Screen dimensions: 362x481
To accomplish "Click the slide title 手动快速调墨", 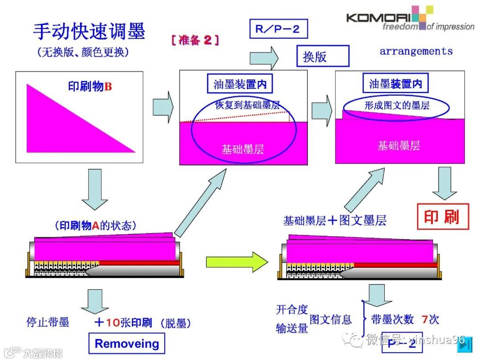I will click(89, 32).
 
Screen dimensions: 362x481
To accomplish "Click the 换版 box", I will click(322, 56).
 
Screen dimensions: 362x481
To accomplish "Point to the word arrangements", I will click(416, 51).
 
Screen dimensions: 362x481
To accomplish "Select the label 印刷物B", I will click(90, 86).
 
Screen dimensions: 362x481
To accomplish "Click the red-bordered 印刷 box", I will click(443, 216).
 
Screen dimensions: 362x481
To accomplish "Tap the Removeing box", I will click(126, 344).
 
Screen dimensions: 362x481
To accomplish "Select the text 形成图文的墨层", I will click(396, 105).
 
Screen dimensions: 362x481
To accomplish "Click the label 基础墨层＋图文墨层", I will click(334, 220).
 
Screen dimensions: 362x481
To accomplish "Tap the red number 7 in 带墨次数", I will click(424, 319).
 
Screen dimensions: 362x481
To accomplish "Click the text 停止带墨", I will click(48, 322).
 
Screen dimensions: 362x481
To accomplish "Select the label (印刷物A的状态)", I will click(95, 225).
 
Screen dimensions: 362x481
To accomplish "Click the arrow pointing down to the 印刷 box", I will click(444, 183).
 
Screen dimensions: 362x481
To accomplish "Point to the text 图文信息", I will click(330, 319).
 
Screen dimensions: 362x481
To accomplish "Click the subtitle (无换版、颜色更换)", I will click(83, 52).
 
